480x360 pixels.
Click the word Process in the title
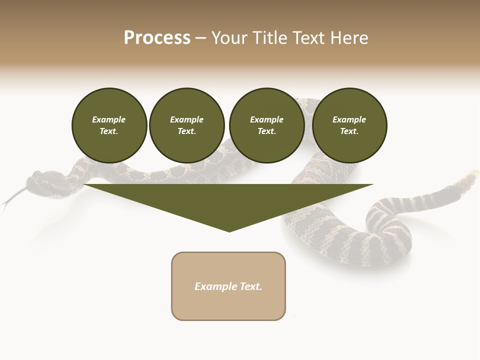coord(157,38)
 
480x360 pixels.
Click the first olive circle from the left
coord(109,125)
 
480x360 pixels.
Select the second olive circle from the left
coord(187,125)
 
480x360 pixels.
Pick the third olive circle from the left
coord(266,125)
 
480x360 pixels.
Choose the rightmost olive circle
coord(349,125)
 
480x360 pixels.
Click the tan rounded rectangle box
coord(228,286)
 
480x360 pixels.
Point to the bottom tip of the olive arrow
coord(229,231)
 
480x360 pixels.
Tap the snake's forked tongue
coord(11,198)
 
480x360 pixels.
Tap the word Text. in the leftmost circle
coord(109,131)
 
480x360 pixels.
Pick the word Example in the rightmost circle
coord(349,119)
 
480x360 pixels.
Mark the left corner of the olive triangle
coord(84,184)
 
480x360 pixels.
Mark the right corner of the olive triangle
coord(372,184)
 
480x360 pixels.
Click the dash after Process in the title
coord(200,38)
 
